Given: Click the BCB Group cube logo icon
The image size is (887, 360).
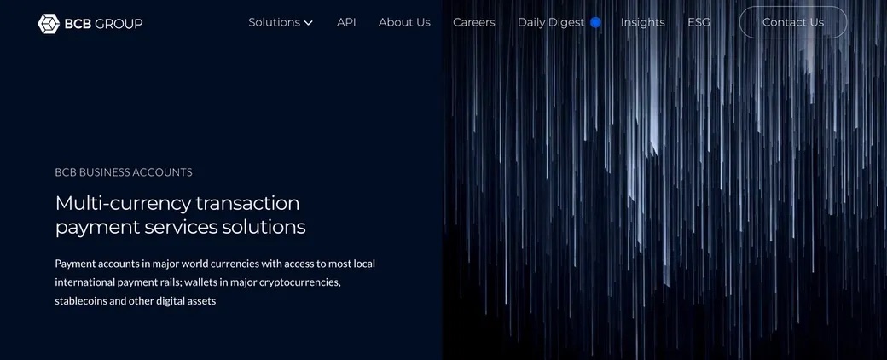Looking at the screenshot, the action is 49,23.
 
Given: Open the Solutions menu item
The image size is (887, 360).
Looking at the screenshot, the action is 275,23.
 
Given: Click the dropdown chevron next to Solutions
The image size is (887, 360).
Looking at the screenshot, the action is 308,23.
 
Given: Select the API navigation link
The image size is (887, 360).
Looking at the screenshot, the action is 346,23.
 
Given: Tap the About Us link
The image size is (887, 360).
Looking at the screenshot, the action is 404,23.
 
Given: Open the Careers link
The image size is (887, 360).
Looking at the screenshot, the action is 474,23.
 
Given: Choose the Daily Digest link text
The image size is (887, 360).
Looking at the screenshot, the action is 551,23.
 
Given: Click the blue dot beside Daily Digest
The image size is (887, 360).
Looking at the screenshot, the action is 595,23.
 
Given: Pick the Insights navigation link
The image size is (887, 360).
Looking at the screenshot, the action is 642,23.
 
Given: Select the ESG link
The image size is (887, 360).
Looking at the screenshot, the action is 699,23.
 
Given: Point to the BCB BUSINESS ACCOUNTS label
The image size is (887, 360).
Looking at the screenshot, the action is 124,172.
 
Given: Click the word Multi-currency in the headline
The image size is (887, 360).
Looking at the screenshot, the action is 122,203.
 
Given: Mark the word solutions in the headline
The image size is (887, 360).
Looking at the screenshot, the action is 264,227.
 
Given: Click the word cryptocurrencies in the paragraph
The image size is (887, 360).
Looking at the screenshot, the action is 300,282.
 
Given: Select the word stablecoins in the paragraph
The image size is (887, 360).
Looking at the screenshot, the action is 81,300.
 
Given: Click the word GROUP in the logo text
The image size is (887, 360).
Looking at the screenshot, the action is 119,23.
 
